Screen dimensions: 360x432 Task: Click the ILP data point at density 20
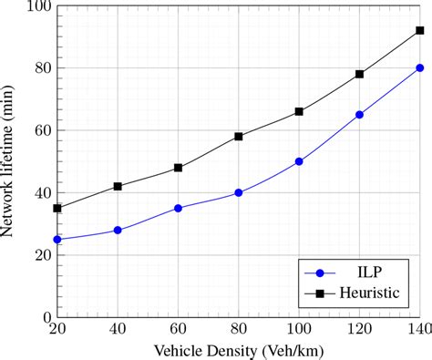(x=57, y=239)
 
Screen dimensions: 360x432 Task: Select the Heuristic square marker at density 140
(x=420, y=30)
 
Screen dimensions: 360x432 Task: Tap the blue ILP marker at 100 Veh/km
(x=299, y=161)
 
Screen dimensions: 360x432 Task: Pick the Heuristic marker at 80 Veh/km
(x=239, y=137)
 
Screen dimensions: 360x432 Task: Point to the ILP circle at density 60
(x=178, y=208)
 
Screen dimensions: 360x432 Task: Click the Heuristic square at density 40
(x=118, y=186)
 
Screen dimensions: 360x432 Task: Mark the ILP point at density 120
(x=359, y=115)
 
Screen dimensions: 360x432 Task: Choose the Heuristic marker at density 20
(x=57, y=208)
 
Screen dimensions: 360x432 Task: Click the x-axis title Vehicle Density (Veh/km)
(x=239, y=350)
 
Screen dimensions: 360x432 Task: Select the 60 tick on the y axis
(x=38, y=130)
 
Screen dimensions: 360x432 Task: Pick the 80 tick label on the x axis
(x=239, y=330)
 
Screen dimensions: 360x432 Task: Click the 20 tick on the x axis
(x=57, y=330)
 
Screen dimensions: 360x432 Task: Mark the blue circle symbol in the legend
(x=319, y=272)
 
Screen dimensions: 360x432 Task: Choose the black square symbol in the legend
(x=319, y=293)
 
